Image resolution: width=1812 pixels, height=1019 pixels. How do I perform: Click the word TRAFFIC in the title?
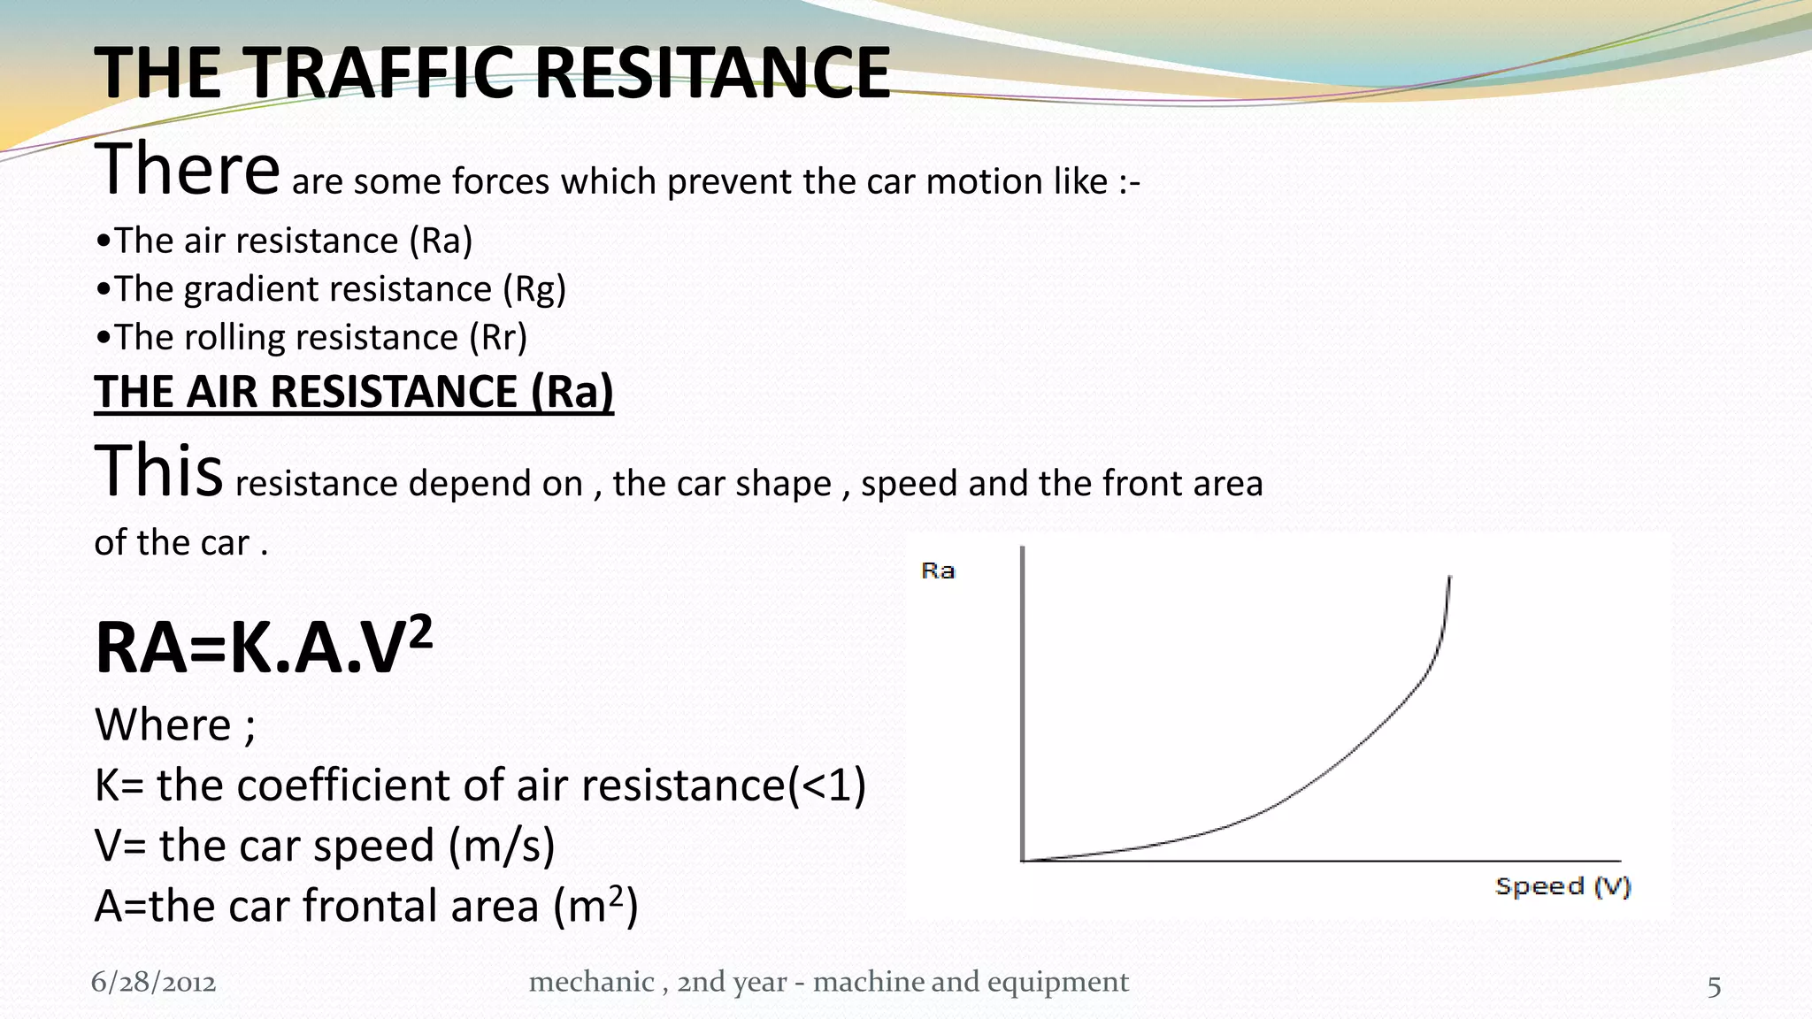point(380,73)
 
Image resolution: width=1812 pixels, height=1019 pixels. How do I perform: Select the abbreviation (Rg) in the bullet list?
point(534,289)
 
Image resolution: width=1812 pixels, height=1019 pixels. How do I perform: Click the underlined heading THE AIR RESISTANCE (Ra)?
point(354,392)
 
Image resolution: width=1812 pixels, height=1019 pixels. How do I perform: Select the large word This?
point(158,471)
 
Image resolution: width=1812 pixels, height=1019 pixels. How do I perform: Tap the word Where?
point(163,725)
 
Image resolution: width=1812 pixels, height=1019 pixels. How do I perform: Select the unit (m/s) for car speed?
point(502,846)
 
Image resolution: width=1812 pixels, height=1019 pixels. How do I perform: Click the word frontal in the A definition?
point(371,906)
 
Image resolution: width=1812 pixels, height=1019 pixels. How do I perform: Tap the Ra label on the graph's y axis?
point(938,571)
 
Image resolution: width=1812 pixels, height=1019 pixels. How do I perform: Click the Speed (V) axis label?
point(1562,886)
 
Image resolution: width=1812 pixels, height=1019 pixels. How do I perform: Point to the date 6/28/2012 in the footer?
point(154,983)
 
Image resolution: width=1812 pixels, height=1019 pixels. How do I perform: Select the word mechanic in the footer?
point(591,982)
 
